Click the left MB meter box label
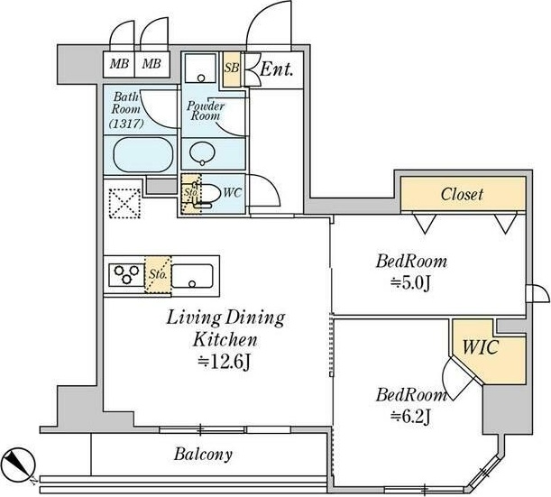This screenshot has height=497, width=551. [x=118, y=64]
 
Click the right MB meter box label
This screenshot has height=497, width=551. [x=151, y=64]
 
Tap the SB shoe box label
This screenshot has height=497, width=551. [x=231, y=68]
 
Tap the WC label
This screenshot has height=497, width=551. [x=230, y=192]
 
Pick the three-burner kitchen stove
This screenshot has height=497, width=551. [x=124, y=273]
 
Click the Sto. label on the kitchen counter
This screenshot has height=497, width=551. [x=159, y=272]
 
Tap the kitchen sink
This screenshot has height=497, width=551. [x=194, y=273]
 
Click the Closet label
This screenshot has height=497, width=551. [x=462, y=194]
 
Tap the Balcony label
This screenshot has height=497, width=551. [x=205, y=454]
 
